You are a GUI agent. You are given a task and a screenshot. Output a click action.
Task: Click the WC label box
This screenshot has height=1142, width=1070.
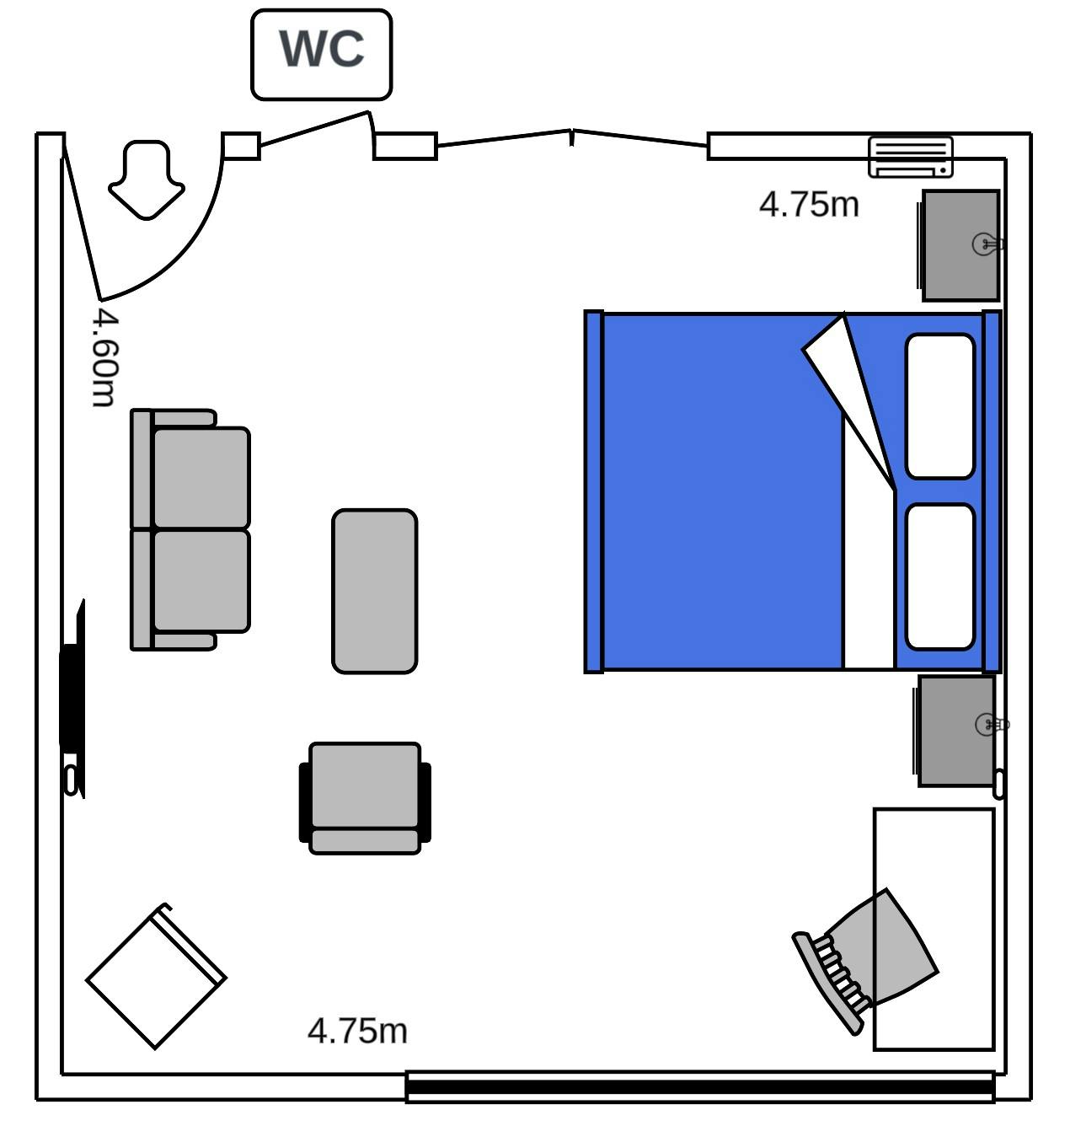(x=321, y=55)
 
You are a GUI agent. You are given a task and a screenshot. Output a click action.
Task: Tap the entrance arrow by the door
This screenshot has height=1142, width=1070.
(x=147, y=180)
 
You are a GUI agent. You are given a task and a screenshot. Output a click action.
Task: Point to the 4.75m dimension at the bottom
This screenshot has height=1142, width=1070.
(x=357, y=1031)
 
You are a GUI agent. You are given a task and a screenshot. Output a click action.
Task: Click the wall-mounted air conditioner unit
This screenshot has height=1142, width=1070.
(x=910, y=157)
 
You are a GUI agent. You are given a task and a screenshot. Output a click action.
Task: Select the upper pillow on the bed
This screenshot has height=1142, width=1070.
(x=939, y=406)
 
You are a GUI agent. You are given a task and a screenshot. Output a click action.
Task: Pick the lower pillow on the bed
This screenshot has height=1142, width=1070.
(x=939, y=576)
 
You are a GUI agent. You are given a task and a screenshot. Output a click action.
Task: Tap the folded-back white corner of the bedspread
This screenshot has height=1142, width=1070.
(x=849, y=397)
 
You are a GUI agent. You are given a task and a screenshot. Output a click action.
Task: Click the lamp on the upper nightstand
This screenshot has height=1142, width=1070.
(x=987, y=244)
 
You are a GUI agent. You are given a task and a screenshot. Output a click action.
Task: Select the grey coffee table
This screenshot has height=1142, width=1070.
(x=374, y=591)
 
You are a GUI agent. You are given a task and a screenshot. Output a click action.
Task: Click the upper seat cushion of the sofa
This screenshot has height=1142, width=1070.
(x=201, y=478)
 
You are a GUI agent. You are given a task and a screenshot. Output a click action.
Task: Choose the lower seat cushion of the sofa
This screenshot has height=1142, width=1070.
(x=201, y=581)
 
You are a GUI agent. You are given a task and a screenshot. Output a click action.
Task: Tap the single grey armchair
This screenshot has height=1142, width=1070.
(x=365, y=799)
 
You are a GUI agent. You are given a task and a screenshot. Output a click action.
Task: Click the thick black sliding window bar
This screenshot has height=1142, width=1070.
(x=700, y=1087)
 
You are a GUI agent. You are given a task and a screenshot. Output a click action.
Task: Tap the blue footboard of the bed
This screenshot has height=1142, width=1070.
(x=594, y=491)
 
